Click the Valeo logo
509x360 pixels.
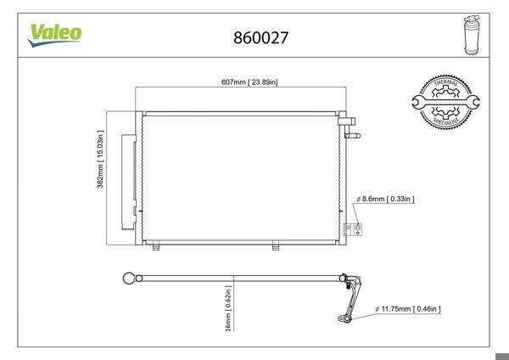56,33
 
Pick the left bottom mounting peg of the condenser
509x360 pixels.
156,247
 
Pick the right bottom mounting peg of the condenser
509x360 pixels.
276,247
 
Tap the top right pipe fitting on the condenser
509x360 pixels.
347,124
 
